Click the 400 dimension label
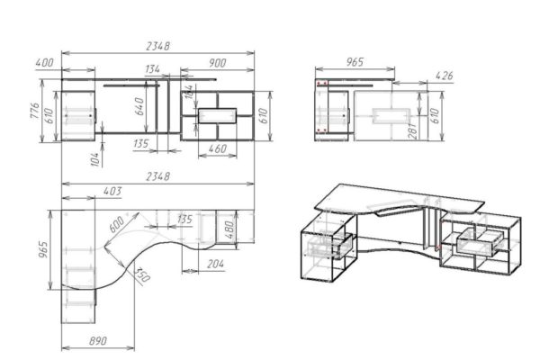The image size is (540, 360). point(44,63)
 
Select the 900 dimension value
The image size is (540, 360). point(217,63)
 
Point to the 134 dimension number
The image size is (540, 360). point(152,69)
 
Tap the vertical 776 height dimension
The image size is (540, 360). point(35,111)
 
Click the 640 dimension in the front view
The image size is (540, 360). point(139,106)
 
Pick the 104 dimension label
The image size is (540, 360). point(95,159)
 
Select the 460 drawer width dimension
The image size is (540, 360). point(218,148)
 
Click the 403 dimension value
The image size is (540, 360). point(112,191)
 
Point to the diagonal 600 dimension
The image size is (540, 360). point(116,224)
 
